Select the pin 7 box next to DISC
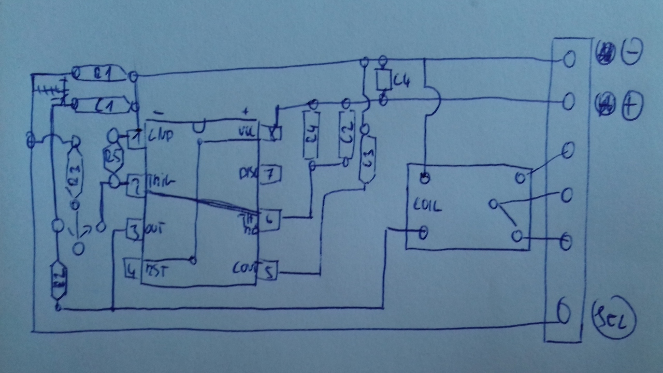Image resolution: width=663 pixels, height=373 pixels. coord(269,174)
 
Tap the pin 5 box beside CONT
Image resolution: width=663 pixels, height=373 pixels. coord(268,271)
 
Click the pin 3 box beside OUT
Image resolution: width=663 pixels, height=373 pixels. coord(134,230)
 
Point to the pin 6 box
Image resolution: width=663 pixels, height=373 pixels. coord(269,219)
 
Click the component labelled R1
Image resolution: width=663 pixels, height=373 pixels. coord(102,74)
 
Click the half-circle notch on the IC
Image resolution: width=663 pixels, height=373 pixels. coord(199,126)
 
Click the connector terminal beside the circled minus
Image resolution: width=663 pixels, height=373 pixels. coord(569,59)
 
